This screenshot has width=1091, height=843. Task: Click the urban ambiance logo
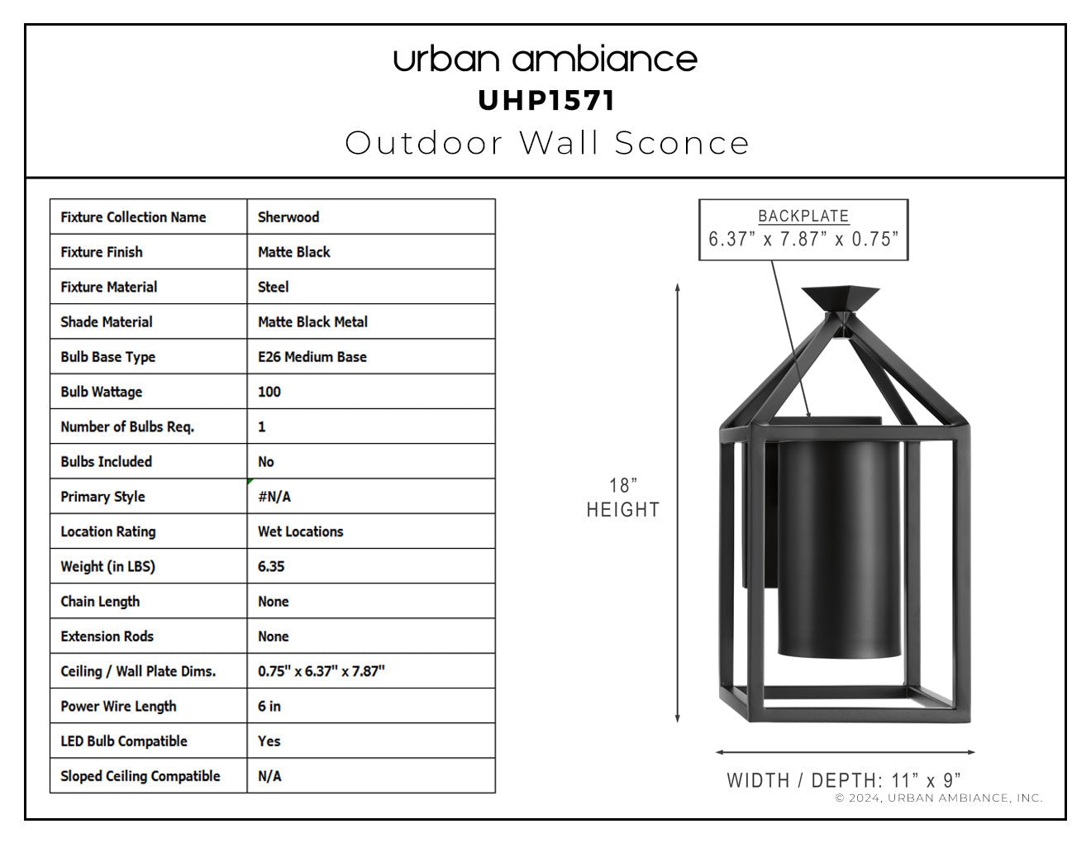[x=545, y=59]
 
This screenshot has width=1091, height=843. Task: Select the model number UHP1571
[x=545, y=101]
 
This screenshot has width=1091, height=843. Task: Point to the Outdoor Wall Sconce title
[x=546, y=143]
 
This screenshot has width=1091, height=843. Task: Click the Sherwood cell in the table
[x=288, y=217]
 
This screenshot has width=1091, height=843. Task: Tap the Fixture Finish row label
[x=102, y=252]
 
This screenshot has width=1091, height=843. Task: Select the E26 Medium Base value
[x=312, y=357]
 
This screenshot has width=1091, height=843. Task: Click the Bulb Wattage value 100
[x=269, y=392]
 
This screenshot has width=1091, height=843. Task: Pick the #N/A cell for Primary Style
[x=274, y=497]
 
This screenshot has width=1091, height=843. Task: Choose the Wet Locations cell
[x=300, y=531]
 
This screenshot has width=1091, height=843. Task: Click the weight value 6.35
[x=271, y=566]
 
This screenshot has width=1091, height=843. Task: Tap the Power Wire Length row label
[x=118, y=707]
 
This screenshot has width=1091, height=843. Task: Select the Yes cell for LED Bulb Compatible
[x=269, y=741]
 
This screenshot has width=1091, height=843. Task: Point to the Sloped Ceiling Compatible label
[x=140, y=776]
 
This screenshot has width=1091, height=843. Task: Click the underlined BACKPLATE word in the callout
[x=803, y=217]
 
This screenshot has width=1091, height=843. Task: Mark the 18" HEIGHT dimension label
[x=623, y=498]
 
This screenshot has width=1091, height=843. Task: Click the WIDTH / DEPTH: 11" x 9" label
[x=844, y=780]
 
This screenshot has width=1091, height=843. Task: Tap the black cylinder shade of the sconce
[x=839, y=549]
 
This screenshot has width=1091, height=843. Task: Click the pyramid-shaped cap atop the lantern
[x=841, y=299]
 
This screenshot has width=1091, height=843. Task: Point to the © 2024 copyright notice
[x=939, y=798]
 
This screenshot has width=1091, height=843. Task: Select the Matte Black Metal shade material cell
[x=312, y=321]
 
